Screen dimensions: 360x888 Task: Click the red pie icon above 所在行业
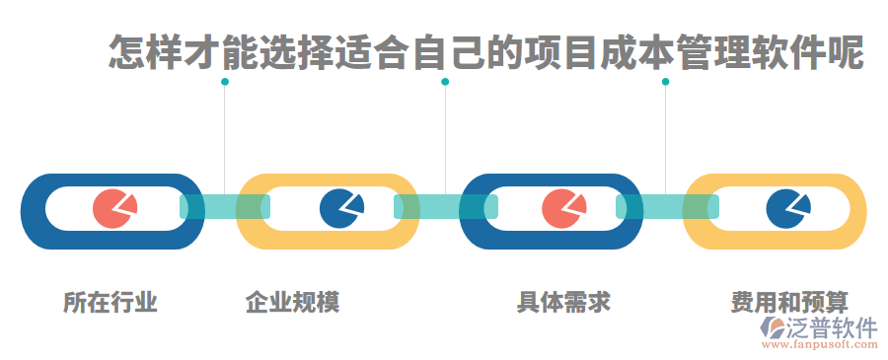click(x=114, y=208)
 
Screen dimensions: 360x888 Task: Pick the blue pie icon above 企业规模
click(x=341, y=207)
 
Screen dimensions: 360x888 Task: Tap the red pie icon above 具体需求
click(x=563, y=207)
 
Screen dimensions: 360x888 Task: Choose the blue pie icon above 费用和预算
click(x=787, y=207)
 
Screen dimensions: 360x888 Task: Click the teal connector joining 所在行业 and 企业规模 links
click(x=224, y=206)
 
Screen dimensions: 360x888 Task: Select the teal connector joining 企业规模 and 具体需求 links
click(x=445, y=206)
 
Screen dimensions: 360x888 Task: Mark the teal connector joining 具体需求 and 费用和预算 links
click(x=667, y=206)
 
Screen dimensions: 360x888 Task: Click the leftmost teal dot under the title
click(x=225, y=82)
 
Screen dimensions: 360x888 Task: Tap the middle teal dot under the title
click(x=445, y=82)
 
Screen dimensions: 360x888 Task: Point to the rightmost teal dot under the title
click(x=665, y=82)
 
